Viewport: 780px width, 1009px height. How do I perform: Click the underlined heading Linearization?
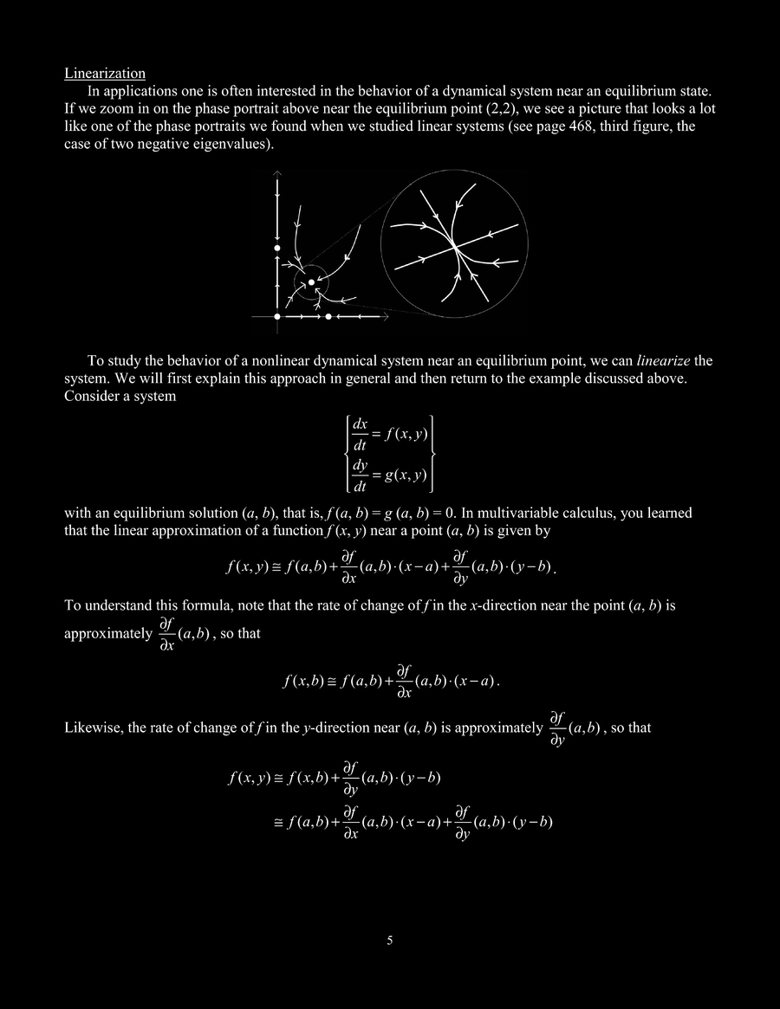[x=105, y=74]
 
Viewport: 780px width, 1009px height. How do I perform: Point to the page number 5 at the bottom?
[x=389, y=940]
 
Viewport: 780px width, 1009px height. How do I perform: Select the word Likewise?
[x=93, y=728]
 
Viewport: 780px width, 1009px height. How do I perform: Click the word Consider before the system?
[x=93, y=396]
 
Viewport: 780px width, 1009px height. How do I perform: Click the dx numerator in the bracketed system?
[x=360, y=425]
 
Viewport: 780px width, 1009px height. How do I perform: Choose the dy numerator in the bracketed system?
[x=360, y=465]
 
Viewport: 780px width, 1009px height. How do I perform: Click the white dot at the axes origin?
[x=277, y=317]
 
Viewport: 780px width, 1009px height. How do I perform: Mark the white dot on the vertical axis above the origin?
[x=277, y=249]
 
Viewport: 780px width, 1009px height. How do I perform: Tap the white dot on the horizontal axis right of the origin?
[x=328, y=317]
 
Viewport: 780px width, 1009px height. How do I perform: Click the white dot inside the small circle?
[x=311, y=282]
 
